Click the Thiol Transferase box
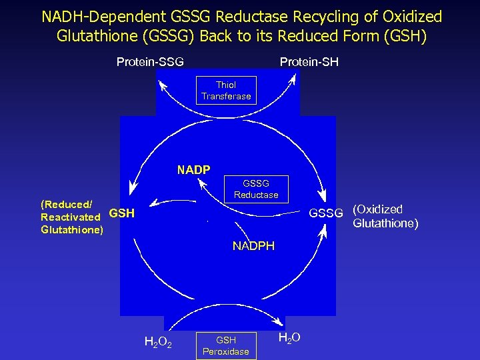tap(226, 91)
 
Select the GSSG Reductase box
tap(256, 189)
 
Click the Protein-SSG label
tap(150, 62)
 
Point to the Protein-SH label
tap(309, 62)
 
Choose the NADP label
tap(193, 170)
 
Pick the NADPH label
tap(253, 246)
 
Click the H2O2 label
tap(159, 343)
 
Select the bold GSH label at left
tap(121, 213)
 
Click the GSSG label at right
tap(325, 213)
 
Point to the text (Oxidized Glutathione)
tap(385, 216)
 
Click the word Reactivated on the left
tap(71, 217)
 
